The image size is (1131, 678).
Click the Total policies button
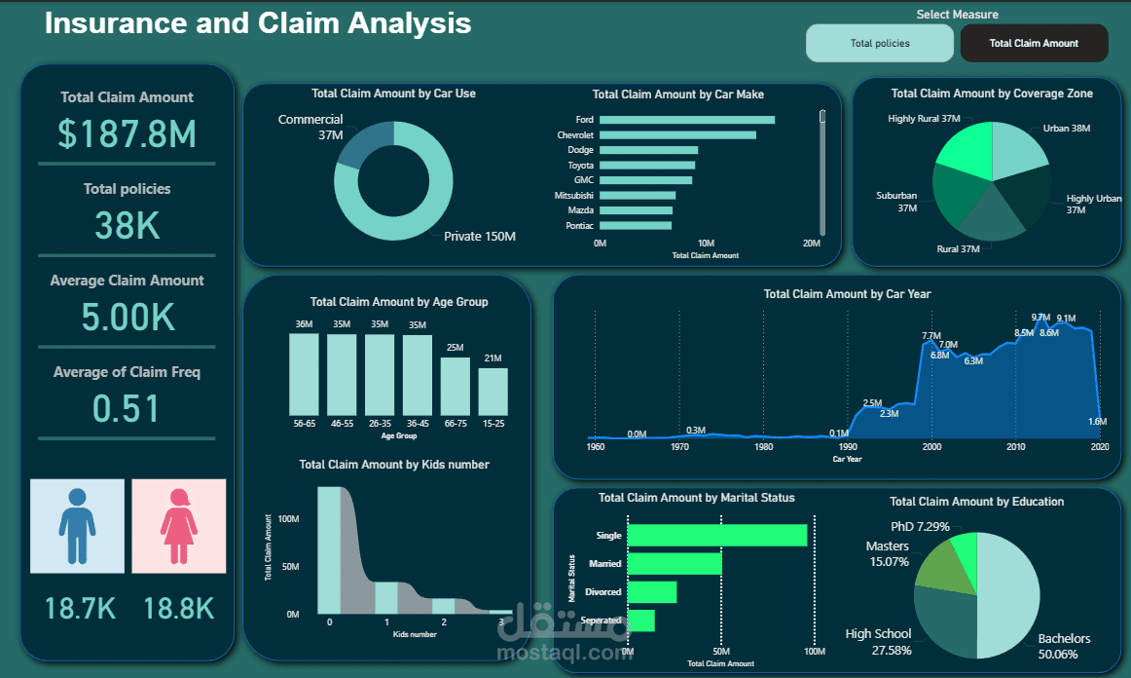point(880,43)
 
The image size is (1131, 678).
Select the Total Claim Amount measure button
point(1034,43)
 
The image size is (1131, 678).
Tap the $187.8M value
point(128,133)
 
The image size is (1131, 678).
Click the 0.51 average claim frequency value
point(127,408)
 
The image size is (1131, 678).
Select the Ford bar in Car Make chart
point(687,120)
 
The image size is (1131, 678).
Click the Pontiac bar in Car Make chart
point(636,225)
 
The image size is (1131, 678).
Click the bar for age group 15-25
point(493,392)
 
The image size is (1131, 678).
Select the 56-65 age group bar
point(304,375)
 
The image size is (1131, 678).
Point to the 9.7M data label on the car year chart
point(1040,318)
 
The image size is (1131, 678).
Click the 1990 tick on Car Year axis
point(848,447)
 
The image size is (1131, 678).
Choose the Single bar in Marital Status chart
point(717,535)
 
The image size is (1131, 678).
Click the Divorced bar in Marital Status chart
point(652,592)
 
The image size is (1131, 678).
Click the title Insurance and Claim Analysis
point(258,23)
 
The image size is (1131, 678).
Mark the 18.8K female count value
point(179,609)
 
